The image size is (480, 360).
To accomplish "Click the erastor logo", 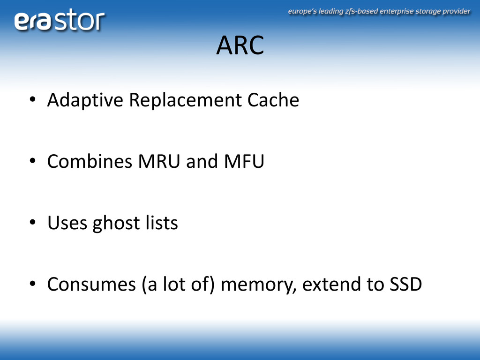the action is tap(59, 20).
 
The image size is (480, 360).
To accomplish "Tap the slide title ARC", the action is tap(240, 45).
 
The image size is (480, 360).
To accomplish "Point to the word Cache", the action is tap(273, 100).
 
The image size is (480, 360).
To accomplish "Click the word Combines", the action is tap(90, 161).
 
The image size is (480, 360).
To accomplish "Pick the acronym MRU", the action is tap(159, 161).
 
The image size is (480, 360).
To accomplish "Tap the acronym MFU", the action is tap(244, 161).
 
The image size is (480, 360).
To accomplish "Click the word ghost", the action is tap(116, 224).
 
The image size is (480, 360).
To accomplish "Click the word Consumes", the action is tap(91, 284).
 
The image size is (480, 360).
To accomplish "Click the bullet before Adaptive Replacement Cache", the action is tap(32, 99).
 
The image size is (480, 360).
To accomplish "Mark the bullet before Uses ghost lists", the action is tap(32, 222).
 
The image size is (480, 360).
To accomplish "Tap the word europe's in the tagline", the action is tap(302, 12).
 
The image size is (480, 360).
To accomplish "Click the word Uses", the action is tap(67, 223).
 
